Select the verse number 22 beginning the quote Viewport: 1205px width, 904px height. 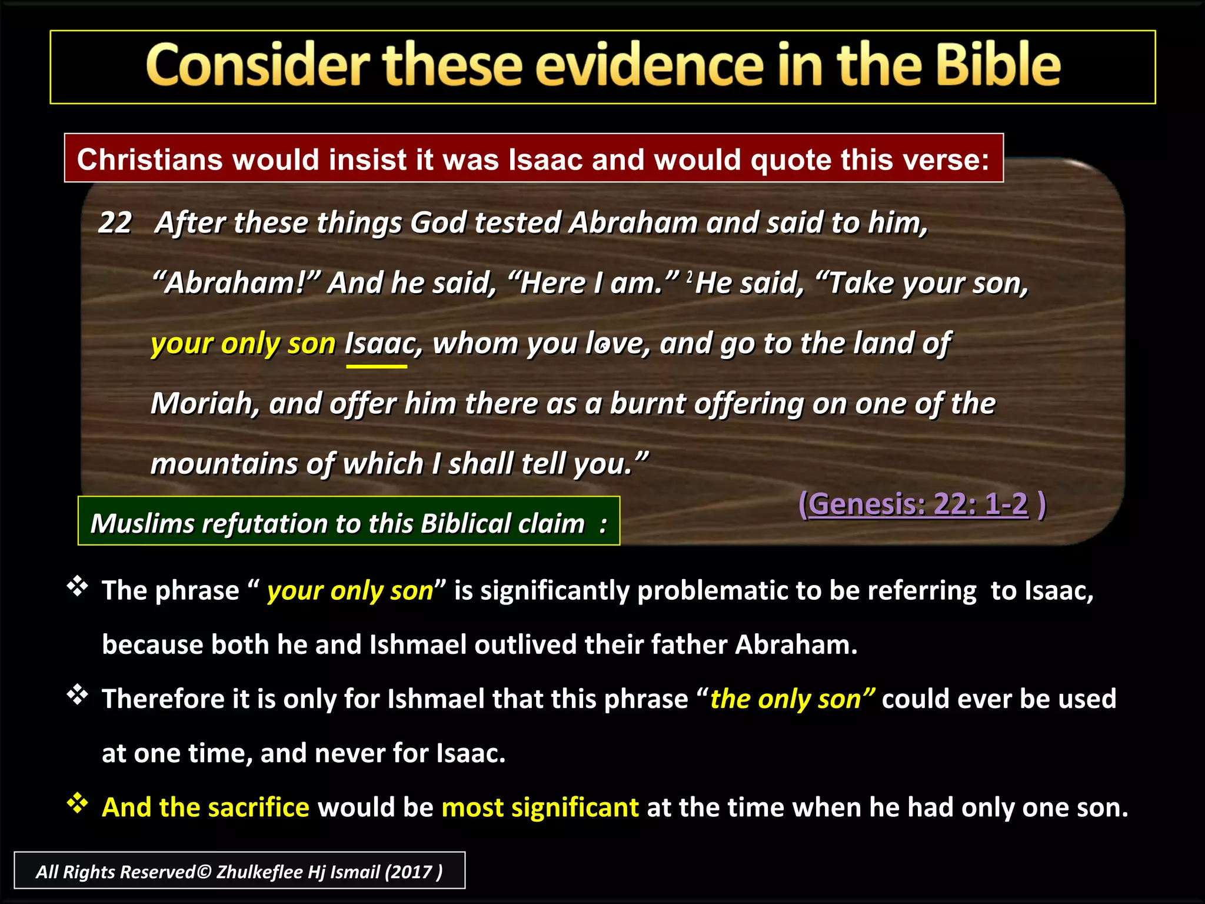[115, 223]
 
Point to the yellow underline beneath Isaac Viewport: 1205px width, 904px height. [377, 366]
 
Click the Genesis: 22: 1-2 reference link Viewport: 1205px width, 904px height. [918, 504]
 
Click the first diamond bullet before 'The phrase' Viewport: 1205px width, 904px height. [77, 587]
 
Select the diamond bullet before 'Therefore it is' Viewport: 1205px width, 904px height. [77, 695]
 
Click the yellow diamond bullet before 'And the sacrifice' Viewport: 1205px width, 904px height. [77, 803]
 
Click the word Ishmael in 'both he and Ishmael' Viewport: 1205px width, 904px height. [418, 644]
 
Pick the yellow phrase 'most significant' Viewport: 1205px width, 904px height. [540, 807]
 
